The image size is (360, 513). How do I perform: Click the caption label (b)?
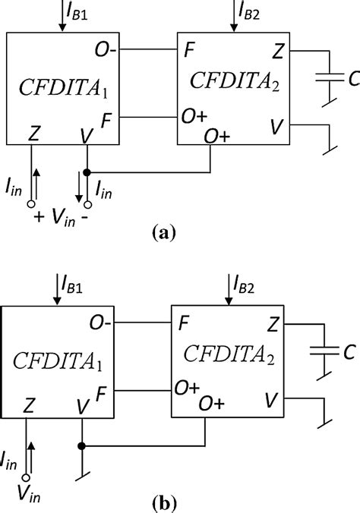point(163,502)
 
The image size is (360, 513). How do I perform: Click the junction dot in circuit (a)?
point(87,171)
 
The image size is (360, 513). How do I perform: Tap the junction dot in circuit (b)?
point(81,445)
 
